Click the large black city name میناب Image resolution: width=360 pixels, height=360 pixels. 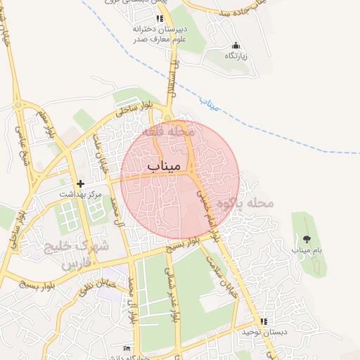point(165,165)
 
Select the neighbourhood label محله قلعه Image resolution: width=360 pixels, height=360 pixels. point(167,131)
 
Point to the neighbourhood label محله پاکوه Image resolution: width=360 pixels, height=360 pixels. point(243,203)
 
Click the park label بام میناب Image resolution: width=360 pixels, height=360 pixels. point(307,250)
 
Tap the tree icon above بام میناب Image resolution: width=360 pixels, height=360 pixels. point(307,239)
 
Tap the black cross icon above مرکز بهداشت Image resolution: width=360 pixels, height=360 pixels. point(80,183)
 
